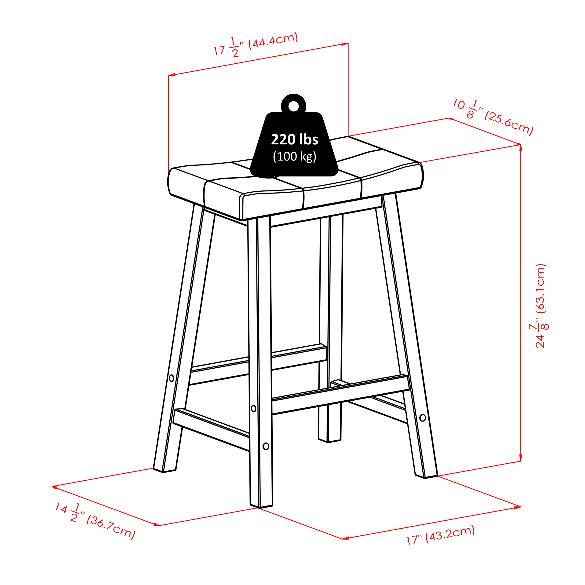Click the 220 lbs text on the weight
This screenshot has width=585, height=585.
[294, 140]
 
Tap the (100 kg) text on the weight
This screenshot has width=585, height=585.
[295, 157]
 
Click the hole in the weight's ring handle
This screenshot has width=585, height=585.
[293, 106]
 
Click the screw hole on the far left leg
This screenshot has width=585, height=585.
[171, 378]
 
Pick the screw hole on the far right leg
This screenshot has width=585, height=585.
[423, 418]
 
